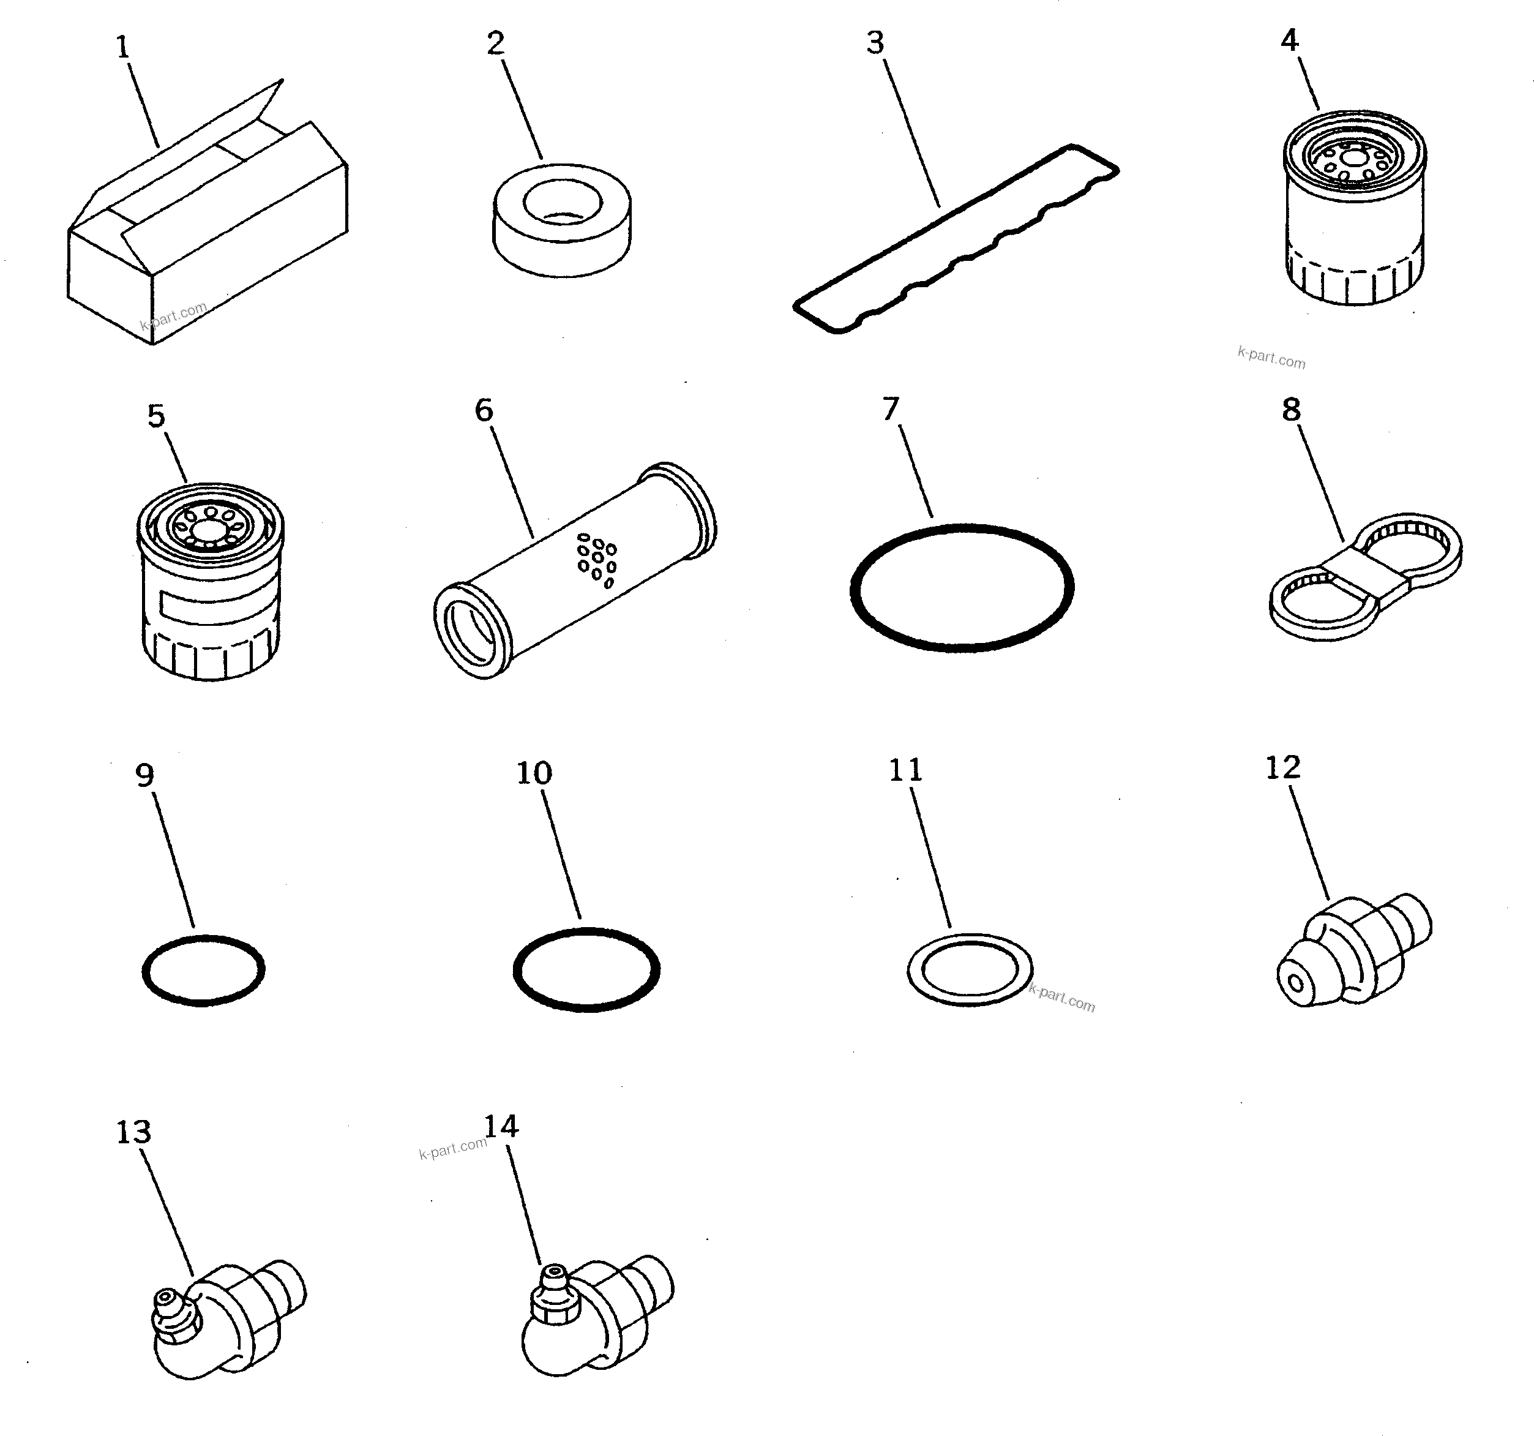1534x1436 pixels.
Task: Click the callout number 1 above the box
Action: [122, 48]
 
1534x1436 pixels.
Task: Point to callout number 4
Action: [1289, 40]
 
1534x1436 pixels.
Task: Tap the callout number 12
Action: [1282, 767]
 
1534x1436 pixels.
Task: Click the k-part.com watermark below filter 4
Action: [1271, 358]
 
